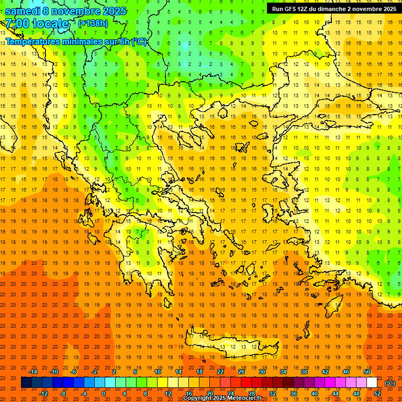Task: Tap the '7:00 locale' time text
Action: (x=37, y=24)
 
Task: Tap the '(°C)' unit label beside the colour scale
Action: (x=390, y=383)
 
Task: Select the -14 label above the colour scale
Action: (x=33, y=372)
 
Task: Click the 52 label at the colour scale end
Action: (x=377, y=394)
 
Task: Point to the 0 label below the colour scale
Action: (x=104, y=394)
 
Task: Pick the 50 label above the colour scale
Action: (x=366, y=372)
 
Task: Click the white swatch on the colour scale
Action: (x=372, y=383)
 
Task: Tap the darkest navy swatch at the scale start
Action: (x=26, y=383)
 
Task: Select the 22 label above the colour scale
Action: (x=220, y=372)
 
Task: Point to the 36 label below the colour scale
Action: (x=294, y=394)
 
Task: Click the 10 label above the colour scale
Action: (x=157, y=372)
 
